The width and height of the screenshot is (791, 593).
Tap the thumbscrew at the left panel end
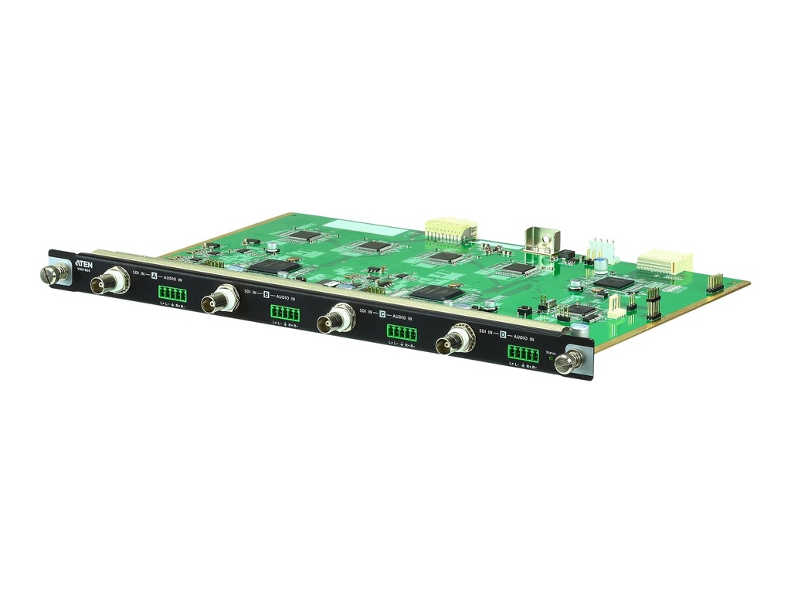(x=51, y=273)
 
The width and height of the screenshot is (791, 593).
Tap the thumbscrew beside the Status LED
(x=569, y=361)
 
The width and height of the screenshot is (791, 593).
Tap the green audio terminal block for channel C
(x=401, y=333)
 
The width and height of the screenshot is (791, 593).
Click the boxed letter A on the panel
(x=154, y=276)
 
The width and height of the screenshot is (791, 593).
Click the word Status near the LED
(x=551, y=352)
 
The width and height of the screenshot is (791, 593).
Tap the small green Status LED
(x=550, y=359)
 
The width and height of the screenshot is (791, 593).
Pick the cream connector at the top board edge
(x=450, y=229)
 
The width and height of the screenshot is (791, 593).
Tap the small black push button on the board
(x=524, y=310)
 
